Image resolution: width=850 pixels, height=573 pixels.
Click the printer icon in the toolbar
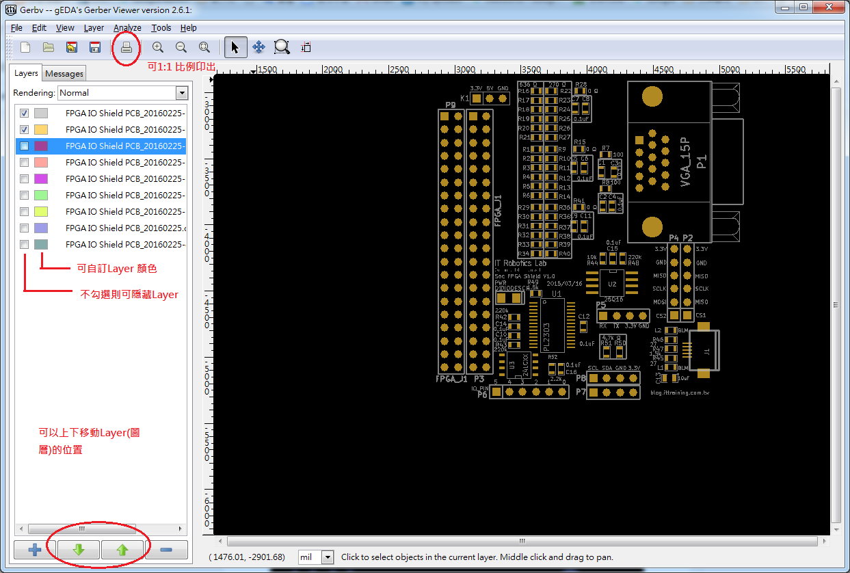(126, 47)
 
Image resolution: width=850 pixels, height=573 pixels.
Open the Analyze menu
(127, 28)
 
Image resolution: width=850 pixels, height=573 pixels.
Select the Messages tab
(64, 74)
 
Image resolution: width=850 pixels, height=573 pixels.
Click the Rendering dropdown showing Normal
(123, 93)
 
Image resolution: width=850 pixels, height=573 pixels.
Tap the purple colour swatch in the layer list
(41, 146)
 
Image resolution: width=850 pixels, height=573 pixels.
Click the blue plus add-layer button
(34, 549)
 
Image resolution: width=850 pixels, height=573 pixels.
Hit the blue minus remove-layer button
(166, 549)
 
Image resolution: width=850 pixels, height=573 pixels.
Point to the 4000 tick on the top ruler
(597, 70)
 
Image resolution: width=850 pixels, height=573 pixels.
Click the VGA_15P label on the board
(686, 163)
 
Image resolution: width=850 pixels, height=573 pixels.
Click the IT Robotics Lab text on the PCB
(520, 263)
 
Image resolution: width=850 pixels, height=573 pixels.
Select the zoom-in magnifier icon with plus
(158, 47)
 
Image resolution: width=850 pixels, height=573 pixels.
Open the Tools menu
(161, 28)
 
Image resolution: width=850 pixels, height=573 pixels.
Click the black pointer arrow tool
(235, 47)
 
